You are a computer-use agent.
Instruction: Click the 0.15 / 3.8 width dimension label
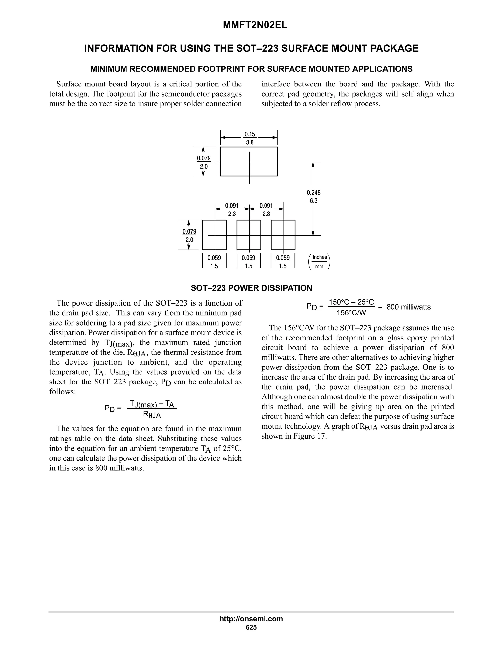(250, 138)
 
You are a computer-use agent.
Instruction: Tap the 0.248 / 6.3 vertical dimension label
(313, 197)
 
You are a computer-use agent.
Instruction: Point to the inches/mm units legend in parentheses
(320, 262)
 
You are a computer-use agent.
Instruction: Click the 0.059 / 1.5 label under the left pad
(214, 262)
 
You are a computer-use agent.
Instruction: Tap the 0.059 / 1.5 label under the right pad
(282, 262)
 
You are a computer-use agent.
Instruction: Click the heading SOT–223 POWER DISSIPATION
(251, 288)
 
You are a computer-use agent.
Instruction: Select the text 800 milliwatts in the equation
(408, 307)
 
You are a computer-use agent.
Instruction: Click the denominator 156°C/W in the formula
(351, 313)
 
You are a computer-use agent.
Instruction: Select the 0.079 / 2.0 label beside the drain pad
(204, 162)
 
